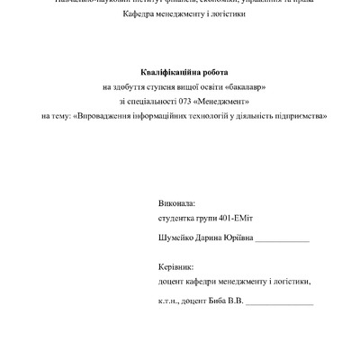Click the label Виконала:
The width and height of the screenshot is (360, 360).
tap(175, 204)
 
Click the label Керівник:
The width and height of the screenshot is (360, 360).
tap(175, 267)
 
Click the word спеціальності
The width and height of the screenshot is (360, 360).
tap(146, 100)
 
